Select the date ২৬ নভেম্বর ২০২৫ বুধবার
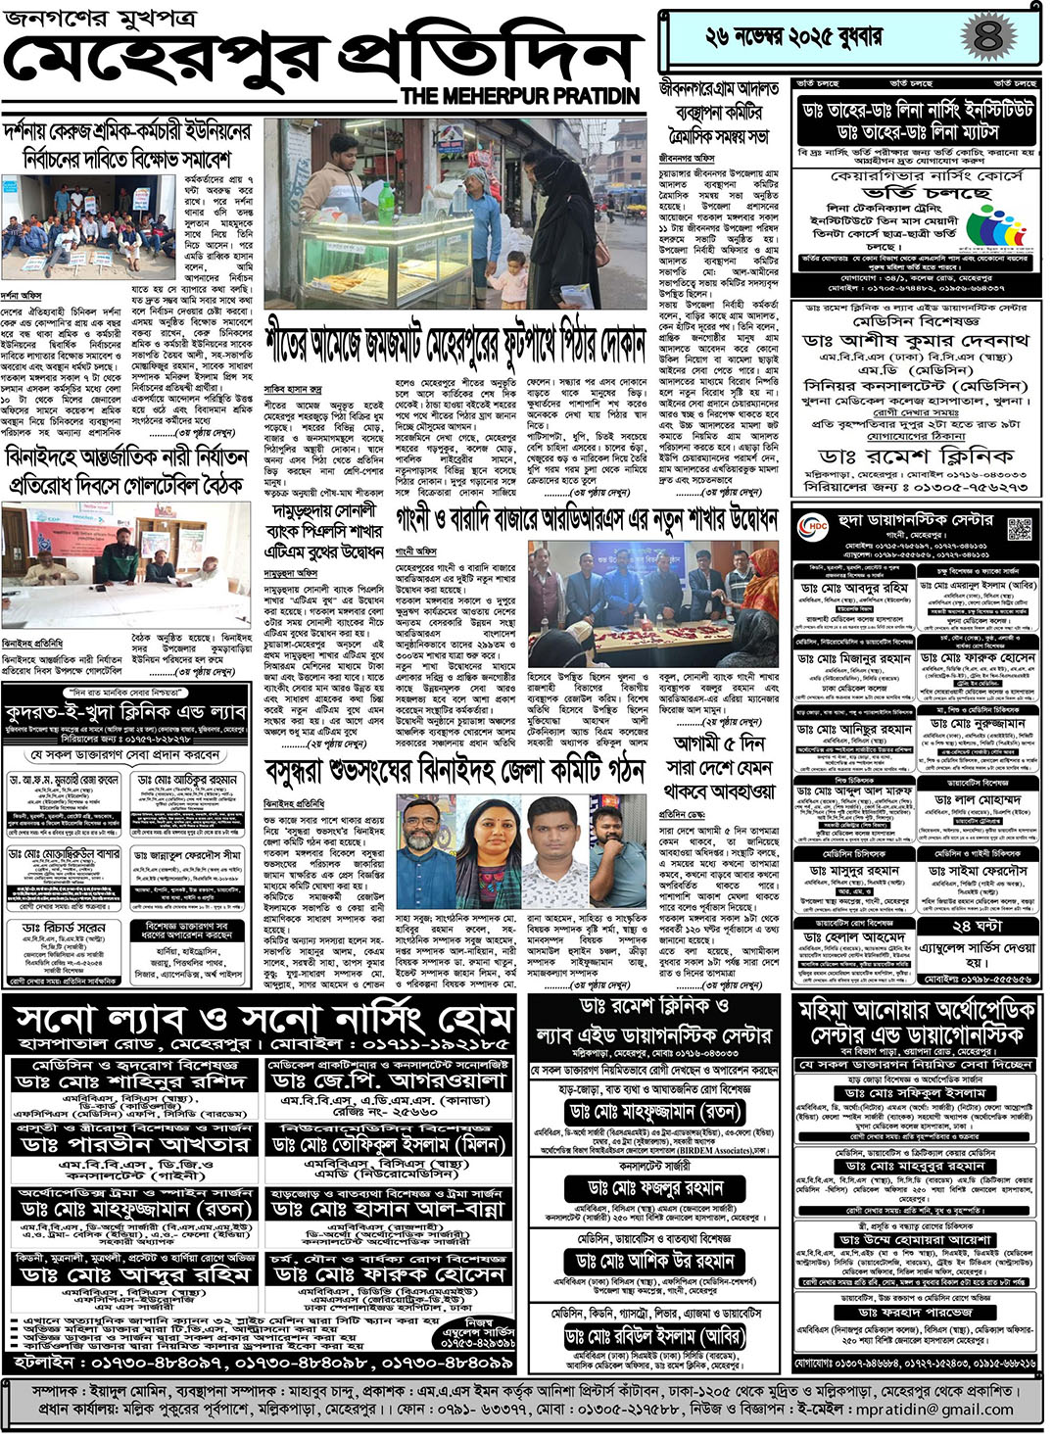[793, 38]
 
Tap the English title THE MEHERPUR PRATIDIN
[520, 96]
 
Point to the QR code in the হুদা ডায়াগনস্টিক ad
[1020, 529]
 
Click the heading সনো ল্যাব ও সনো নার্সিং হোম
[263, 1020]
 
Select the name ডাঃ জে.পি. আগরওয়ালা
[389, 1080]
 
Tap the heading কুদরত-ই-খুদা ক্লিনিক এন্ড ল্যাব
[125, 712]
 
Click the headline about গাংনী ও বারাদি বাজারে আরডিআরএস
[587, 519]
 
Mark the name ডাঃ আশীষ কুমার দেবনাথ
[916, 340]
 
